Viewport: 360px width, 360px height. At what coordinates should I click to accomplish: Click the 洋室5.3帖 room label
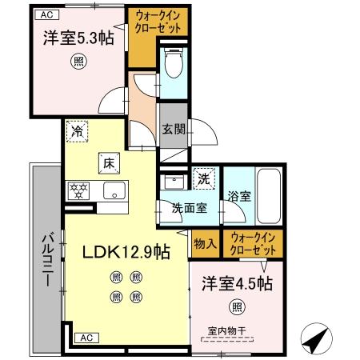click(x=78, y=38)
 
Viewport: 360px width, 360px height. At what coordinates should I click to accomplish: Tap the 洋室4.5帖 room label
click(x=236, y=283)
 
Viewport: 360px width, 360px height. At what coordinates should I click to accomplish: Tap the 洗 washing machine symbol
click(x=204, y=178)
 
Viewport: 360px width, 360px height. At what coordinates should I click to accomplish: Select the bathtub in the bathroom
click(x=268, y=196)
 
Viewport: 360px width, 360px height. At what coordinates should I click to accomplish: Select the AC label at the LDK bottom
click(x=86, y=338)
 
